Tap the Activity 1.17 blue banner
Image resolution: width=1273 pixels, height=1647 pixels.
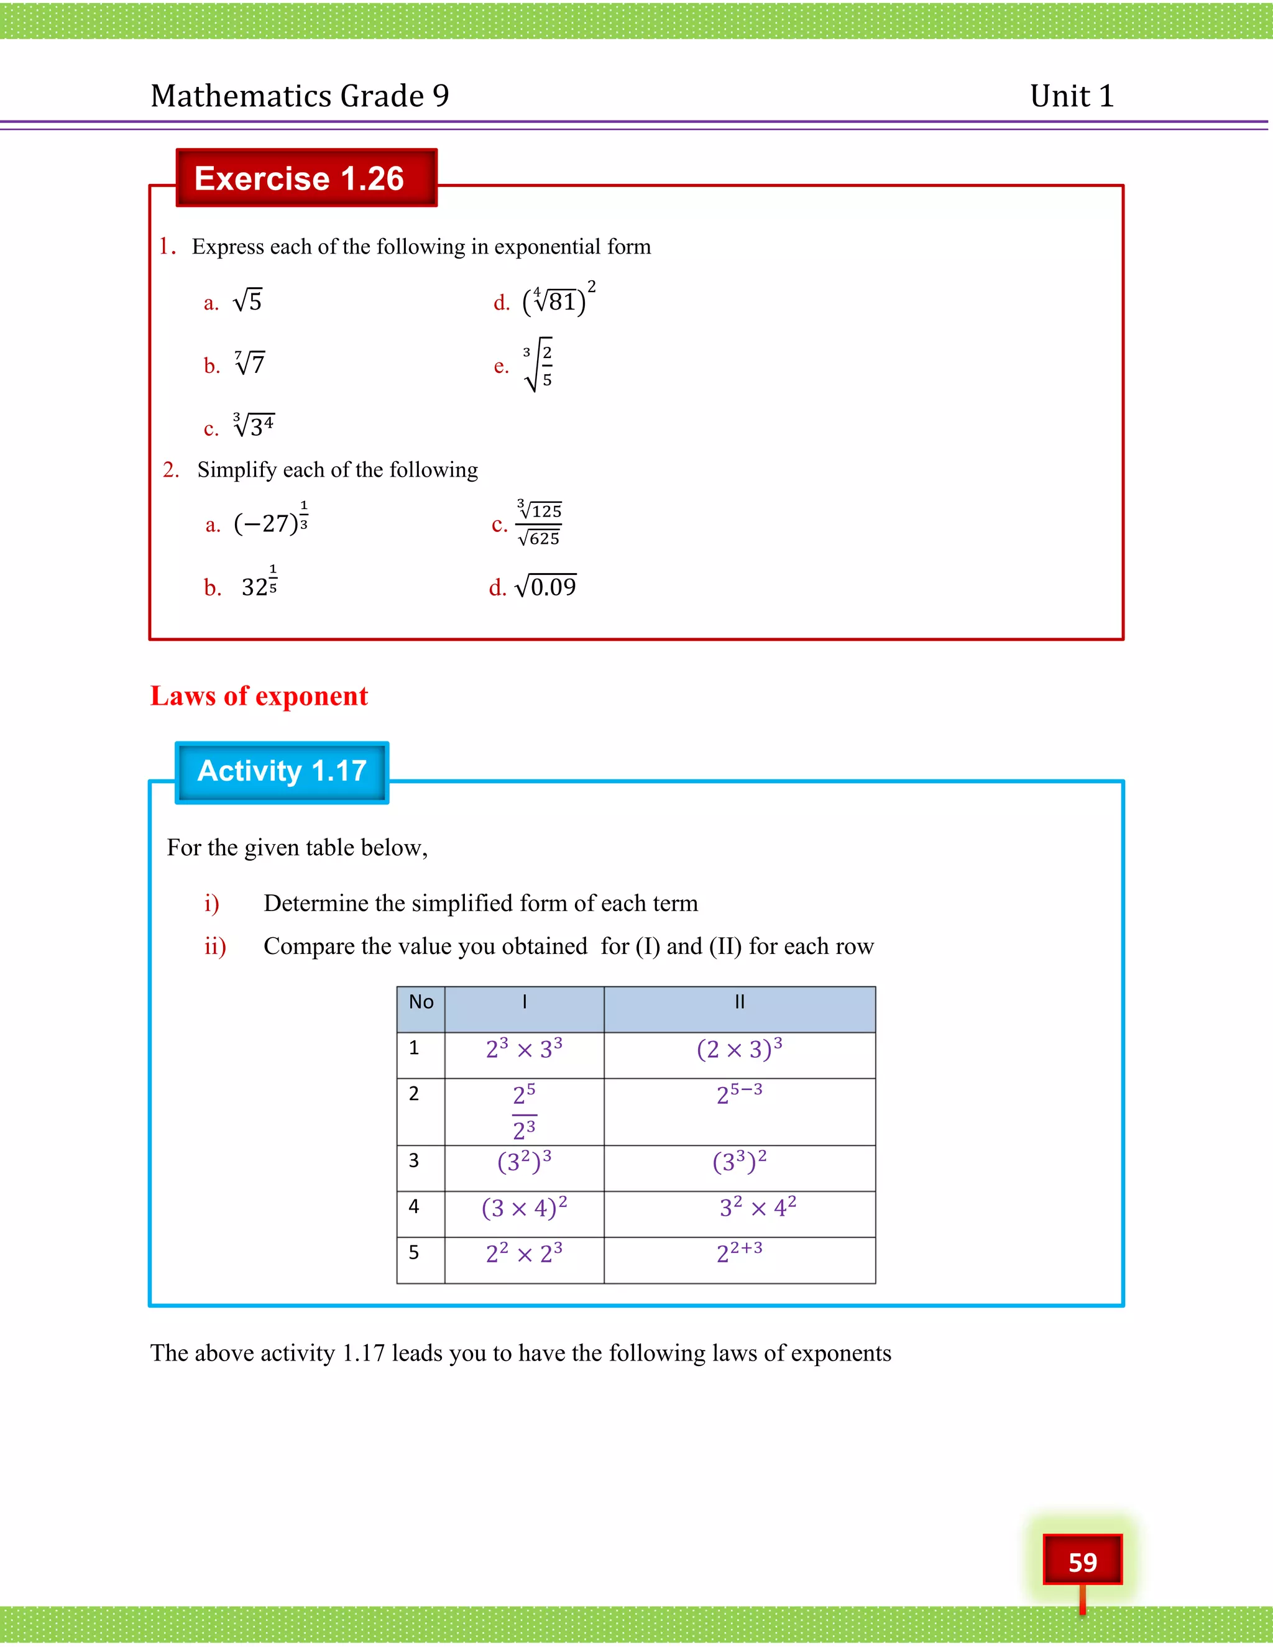coord(282,772)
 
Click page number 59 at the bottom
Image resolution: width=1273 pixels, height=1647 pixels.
coord(1082,1561)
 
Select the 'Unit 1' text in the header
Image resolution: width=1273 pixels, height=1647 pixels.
coord(1072,96)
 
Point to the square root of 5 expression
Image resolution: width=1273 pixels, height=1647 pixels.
coord(247,301)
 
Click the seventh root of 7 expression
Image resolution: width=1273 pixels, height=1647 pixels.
coord(250,364)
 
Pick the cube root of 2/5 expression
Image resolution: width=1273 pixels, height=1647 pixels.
coord(538,365)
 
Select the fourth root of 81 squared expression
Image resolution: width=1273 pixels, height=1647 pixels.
coord(558,300)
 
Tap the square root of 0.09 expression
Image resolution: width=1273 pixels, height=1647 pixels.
coord(545,587)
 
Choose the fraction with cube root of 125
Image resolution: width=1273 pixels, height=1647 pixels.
coord(539,523)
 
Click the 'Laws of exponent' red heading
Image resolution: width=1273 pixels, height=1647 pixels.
coord(259,696)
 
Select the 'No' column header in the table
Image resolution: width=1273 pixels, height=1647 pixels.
coord(421,1002)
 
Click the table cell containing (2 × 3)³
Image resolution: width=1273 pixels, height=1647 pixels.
coord(739,1050)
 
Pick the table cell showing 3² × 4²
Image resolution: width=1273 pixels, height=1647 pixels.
coord(757,1208)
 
